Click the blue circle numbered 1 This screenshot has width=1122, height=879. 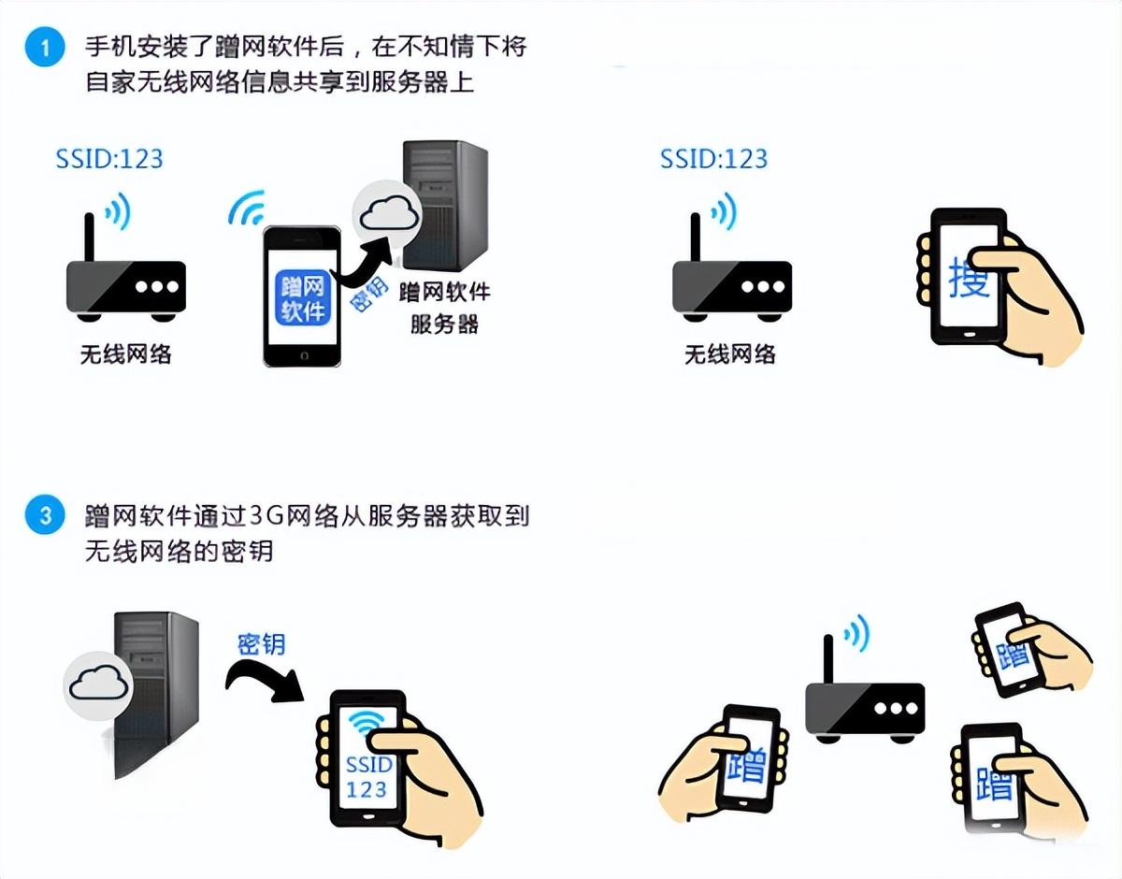click(x=45, y=47)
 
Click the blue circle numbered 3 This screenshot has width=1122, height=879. click(x=45, y=515)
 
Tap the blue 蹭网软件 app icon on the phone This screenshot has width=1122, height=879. click(x=303, y=297)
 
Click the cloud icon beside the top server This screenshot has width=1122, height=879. click(x=388, y=214)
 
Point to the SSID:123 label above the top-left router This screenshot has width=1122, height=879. click(x=109, y=159)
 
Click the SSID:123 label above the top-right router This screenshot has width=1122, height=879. click(x=714, y=159)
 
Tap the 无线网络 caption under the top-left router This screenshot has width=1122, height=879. click(x=126, y=354)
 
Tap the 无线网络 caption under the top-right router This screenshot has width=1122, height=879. click(x=730, y=354)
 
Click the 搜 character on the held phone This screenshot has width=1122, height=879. click(x=967, y=279)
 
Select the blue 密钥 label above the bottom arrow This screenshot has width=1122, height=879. click(x=261, y=644)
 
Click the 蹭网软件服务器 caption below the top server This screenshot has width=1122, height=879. click(x=444, y=309)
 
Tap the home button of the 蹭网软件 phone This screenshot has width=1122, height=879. click(x=304, y=355)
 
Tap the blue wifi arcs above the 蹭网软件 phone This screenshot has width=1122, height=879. click(x=247, y=208)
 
